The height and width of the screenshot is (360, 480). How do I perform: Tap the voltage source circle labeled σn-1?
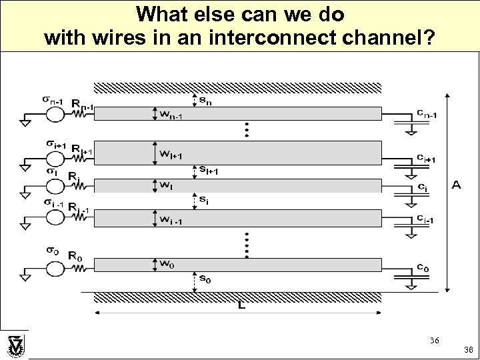tap(55, 114)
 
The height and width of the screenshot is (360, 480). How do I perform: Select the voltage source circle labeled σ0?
tap(55, 269)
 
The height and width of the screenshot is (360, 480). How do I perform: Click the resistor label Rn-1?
tap(83, 105)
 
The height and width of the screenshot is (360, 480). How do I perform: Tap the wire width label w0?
tap(167, 263)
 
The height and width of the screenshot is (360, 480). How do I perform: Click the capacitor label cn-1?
tap(427, 115)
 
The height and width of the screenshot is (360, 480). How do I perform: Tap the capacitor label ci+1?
tap(427, 158)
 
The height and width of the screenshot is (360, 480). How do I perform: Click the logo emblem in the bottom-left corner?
tap(15, 345)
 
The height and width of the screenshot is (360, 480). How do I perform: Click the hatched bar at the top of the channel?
tap(237, 87)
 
